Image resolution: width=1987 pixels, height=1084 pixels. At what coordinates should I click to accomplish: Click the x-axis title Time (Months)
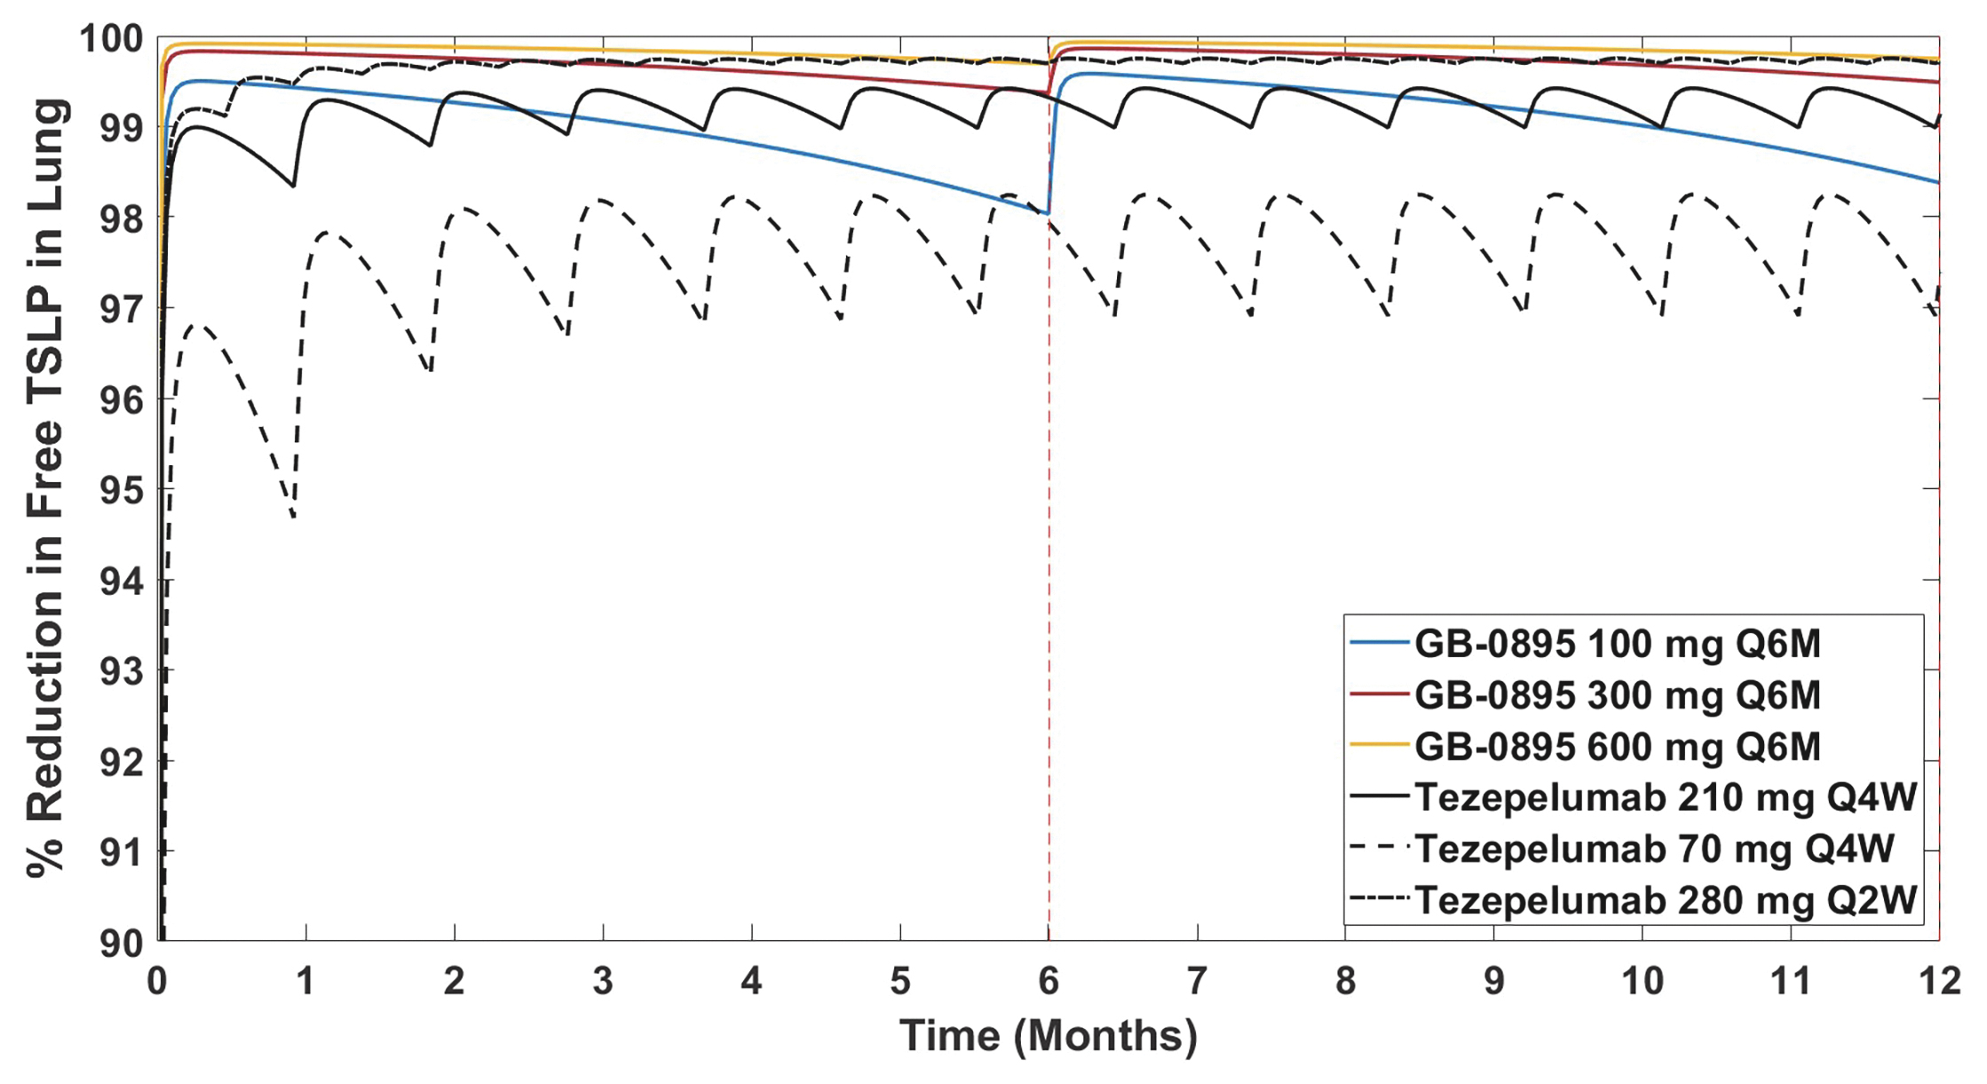coord(1049,1036)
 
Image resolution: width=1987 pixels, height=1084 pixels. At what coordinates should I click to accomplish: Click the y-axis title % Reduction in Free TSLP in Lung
coord(46,488)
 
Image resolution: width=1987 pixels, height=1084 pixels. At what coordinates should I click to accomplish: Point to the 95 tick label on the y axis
coord(121,490)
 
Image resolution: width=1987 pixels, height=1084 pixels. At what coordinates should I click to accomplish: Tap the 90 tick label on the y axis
coord(121,943)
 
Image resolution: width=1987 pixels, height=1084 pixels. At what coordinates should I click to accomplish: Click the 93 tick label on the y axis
coord(121,672)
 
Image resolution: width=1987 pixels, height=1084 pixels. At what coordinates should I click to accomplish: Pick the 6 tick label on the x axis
coord(1049,982)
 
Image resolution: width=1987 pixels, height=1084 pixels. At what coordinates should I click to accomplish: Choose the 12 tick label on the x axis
coord(1939,982)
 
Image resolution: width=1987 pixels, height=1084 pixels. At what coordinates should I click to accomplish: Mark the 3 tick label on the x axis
coord(603,982)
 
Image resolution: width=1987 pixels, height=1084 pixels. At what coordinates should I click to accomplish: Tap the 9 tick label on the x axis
coord(1494,982)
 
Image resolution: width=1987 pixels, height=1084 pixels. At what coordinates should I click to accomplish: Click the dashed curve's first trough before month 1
coord(293,517)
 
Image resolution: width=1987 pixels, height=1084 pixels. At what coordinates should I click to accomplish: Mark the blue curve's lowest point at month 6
coord(1047,213)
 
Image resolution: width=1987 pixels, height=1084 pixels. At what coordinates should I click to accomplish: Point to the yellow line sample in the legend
coord(1379,746)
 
